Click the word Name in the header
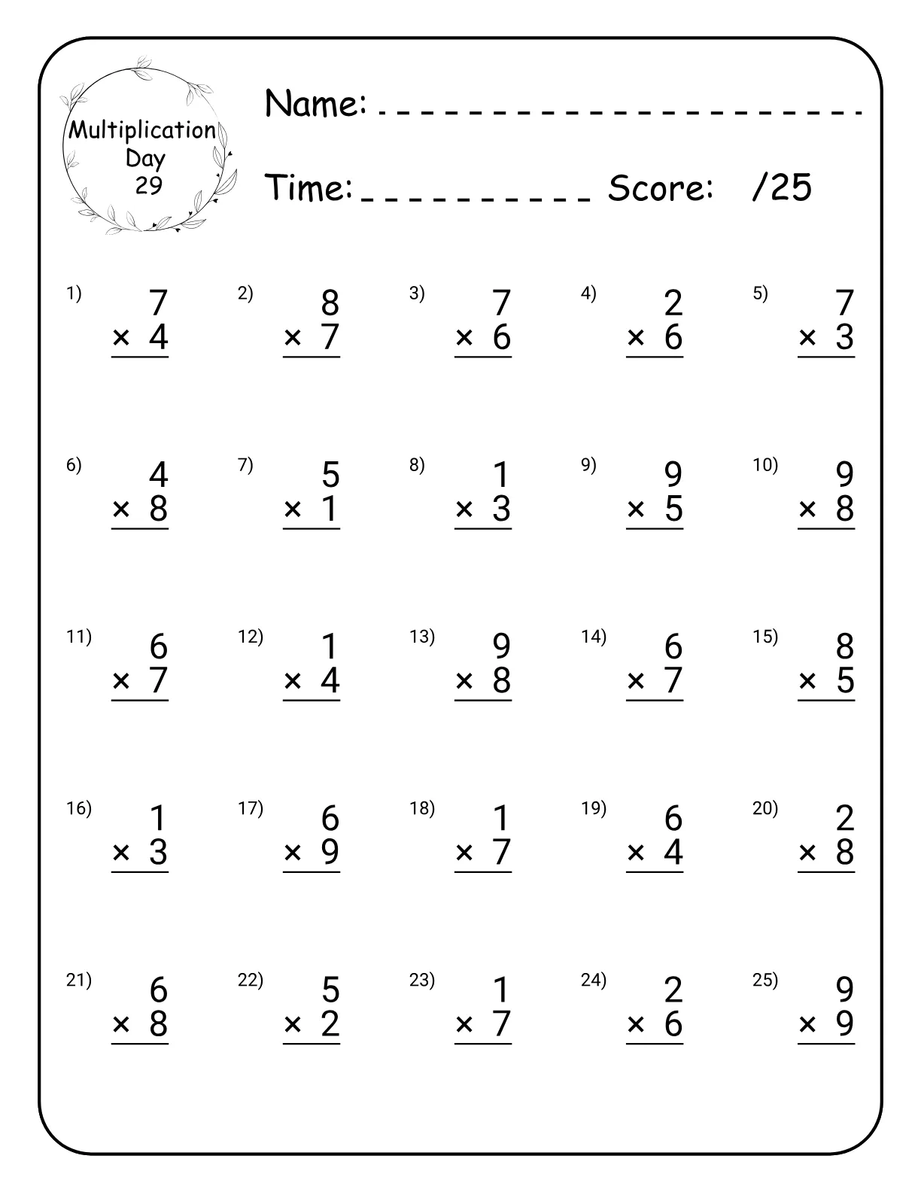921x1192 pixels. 315,103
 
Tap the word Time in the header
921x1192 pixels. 309,188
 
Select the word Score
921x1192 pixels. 660,188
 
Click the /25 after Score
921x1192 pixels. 782,187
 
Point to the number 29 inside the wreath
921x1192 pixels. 149,185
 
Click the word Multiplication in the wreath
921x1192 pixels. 142,130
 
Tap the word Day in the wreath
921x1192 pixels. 145,158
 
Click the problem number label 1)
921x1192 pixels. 74,293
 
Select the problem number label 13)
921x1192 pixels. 422,637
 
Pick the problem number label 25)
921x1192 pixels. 765,980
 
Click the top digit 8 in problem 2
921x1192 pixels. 330,303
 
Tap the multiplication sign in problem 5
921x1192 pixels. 807,339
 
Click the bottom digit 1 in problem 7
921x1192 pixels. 330,509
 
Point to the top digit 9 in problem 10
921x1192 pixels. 844,475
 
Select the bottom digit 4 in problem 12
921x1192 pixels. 330,681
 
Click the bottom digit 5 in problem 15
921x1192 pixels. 845,681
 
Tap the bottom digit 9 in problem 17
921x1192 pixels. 330,853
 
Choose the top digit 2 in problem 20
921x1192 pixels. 844,818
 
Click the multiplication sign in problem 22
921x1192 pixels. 293,1025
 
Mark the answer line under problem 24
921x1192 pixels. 655,1044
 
